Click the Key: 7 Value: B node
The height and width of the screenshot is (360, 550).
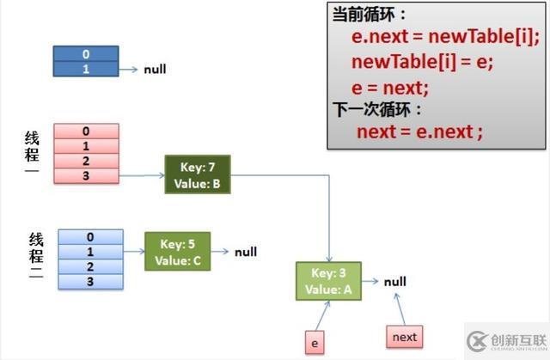pyautogui.click(x=197, y=174)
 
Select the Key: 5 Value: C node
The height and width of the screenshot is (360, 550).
pyautogui.click(x=176, y=252)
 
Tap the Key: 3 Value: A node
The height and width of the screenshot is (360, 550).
pyautogui.click(x=328, y=281)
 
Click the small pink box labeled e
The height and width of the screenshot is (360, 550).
pyautogui.click(x=315, y=343)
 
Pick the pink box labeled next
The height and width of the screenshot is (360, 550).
pyautogui.click(x=404, y=338)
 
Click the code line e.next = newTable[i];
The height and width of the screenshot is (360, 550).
pyautogui.click(x=445, y=37)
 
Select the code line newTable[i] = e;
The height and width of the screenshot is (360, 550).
pyautogui.click(x=422, y=62)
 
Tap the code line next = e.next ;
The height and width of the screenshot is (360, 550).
pyautogui.click(x=419, y=131)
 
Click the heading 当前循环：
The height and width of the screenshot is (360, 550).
pyautogui.click(x=370, y=15)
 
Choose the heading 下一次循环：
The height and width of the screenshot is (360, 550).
pyautogui.click(x=377, y=109)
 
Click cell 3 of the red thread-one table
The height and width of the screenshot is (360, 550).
pyautogui.click(x=86, y=175)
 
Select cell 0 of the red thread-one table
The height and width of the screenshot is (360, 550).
pyautogui.click(x=86, y=131)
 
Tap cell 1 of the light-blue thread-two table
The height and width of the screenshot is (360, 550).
pyautogui.click(x=90, y=252)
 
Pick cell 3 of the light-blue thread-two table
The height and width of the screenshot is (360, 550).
pyautogui.click(x=90, y=281)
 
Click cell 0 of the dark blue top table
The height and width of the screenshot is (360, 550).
pyautogui.click(x=86, y=54)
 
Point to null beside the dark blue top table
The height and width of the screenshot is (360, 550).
pyautogui.click(x=156, y=69)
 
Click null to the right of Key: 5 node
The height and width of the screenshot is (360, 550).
pyautogui.click(x=246, y=252)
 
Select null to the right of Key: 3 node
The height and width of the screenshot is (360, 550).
pyautogui.click(x=395, y=281)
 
